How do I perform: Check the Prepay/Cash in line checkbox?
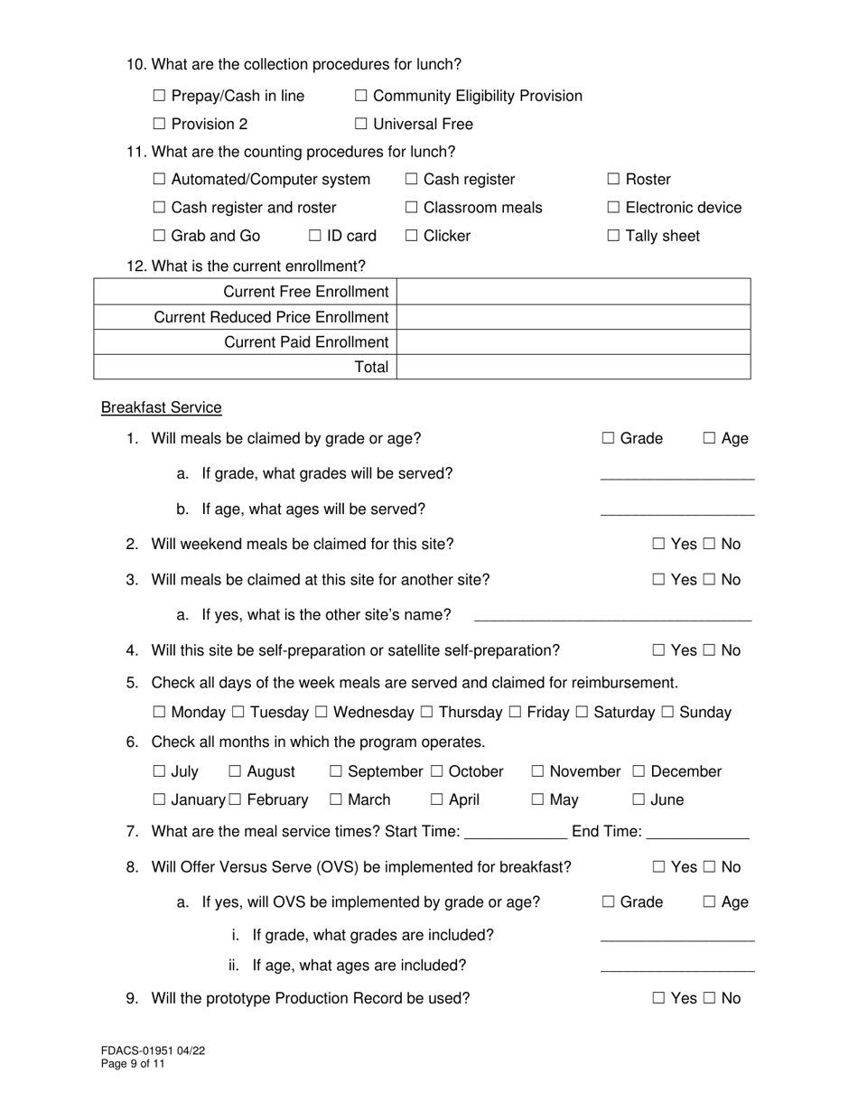pos(160,96)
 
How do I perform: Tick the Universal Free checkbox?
pos(361,124)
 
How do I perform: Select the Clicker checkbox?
pos(412,236)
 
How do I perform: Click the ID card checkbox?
pos(315,236)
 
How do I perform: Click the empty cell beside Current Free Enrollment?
pos(574,292)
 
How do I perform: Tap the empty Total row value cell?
pos(574,367)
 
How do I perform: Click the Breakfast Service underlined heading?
pos(161,407)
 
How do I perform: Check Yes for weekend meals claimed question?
pos(658,544)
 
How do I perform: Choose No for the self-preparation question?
pos(710,650)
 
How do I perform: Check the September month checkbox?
pos(336,771)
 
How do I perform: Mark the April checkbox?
pos(437,799)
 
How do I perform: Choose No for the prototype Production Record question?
pos(710,998)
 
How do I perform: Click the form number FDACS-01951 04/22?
pos(146,1051)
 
